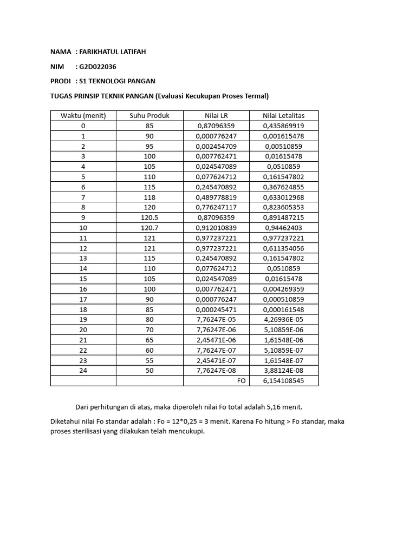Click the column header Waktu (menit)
(83, 115)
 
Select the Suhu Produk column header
(149, 115)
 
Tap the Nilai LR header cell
(216, 115)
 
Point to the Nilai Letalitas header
(284, 115)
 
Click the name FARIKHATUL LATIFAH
(112, 52)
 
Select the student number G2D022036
(97, 67)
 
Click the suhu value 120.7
(149, 228)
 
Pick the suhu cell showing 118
(149, 197)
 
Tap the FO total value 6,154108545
(284, 381)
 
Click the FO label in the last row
(242, 381)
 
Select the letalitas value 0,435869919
(284, 126)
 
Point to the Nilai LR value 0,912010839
(216, 228)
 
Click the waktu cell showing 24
(83, 371)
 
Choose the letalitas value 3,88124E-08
(284, 371)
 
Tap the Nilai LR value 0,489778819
(216, 197)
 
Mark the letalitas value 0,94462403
(284, 228)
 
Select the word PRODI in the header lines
(60, 81)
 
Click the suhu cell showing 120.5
(149, 217)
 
